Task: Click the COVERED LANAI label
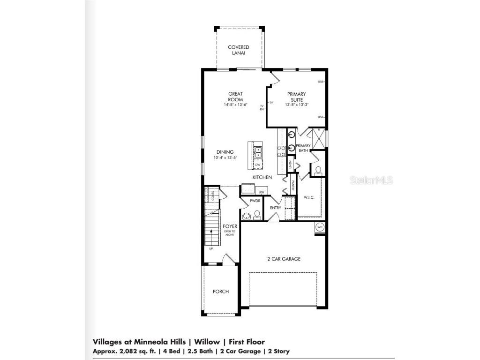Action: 238,50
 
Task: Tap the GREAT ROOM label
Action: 235,97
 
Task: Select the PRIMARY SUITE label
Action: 296,97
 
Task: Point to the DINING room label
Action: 225,152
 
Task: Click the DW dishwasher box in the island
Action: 257,165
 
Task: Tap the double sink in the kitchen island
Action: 258,151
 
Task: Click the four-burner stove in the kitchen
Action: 282,151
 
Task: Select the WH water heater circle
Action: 320,227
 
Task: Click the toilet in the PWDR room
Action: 257,215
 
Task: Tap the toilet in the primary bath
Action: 318,170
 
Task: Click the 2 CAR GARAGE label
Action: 284,259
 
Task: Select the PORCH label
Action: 221,292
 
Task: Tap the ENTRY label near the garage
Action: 275,208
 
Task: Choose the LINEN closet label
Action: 291,165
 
